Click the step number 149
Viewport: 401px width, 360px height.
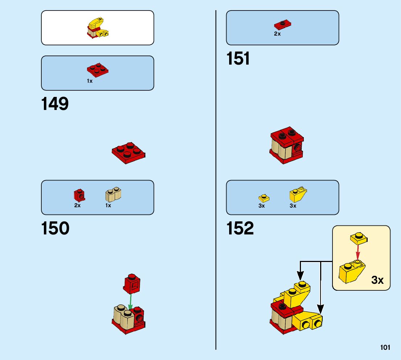(x=55, y=104)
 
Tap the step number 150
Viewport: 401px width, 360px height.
(x=55, y=229)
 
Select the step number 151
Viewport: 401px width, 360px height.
(x=238, y=59)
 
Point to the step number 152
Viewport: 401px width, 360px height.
(x=240, y=229)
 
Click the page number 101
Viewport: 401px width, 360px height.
(x=385, y=348)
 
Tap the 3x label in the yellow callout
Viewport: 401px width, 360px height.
(x=377, y=280)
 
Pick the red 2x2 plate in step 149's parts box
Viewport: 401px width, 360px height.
(x=98, y=69)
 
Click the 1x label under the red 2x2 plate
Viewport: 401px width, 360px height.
(x=90, y=81)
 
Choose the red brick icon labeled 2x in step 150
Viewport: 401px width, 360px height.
(x=79, y=195)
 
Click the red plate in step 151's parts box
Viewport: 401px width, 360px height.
(x=283, y=25)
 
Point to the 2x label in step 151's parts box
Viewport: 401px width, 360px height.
(x=277, y=34)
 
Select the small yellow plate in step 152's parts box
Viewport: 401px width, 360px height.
(x=264, y=198)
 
